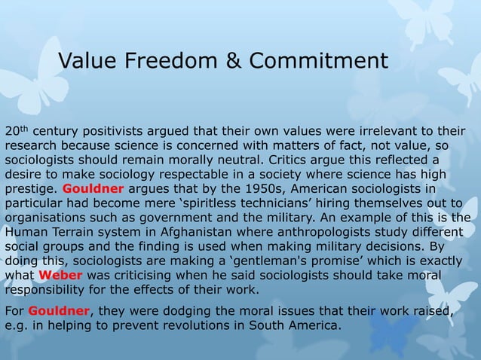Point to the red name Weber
point(60,273)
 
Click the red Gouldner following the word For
point(59,311)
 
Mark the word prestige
point(31,188)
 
